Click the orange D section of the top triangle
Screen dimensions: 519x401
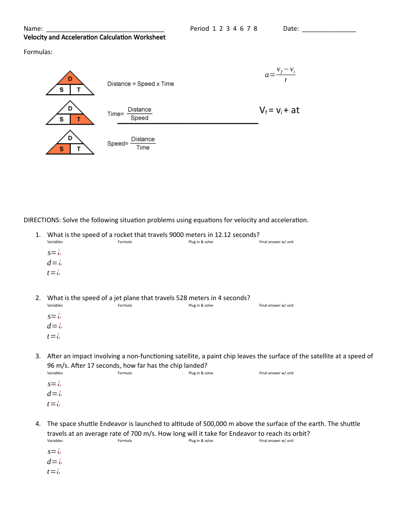[70, 78]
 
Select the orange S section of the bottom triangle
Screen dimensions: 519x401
[61, 149]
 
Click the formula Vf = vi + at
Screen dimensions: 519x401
[279, 110]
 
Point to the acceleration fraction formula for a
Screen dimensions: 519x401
[280, 74]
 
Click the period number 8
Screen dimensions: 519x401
[256, 29]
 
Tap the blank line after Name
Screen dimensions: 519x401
[105, 30]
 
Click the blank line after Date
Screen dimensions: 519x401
[329, 30]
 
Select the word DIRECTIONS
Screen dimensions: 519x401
[42, 220]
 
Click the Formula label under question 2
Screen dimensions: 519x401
[125, 305]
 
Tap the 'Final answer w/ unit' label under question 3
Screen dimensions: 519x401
[276, 373]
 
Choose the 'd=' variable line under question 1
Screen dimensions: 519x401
[54, 263]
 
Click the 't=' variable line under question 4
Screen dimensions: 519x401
[53, 472]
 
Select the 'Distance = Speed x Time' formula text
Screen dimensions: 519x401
[140, 84]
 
